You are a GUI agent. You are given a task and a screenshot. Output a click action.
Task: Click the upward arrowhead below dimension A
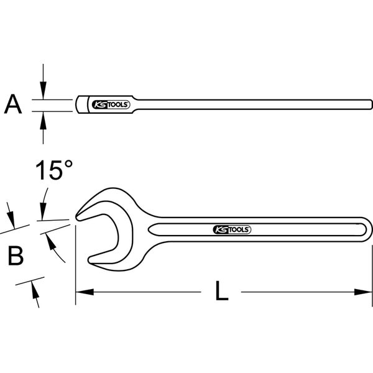[43, 117]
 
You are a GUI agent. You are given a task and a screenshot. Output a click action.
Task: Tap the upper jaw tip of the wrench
[79, 216]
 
